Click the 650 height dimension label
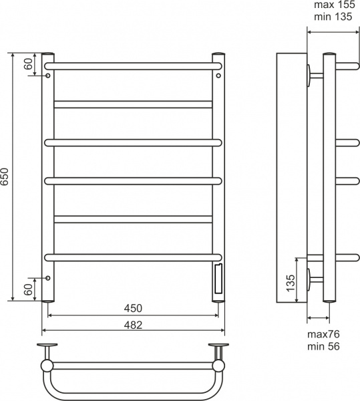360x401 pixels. click(5, 176)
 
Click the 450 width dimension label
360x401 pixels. click(133, 308)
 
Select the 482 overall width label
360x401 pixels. click(133, 325)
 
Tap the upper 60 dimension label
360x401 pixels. click(28, 64)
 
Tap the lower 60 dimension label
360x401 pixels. click(28, 289)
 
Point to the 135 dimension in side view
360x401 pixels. click(291, 283)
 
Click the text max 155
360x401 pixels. click(335, 5)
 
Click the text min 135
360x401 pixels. click(333, 17)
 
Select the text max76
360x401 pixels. click(323, 334)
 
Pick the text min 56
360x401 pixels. click(323, 346)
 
